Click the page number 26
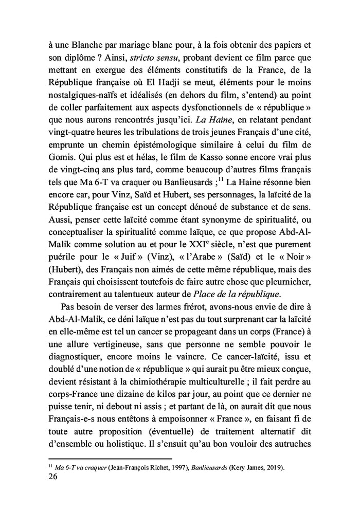[52, 477]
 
